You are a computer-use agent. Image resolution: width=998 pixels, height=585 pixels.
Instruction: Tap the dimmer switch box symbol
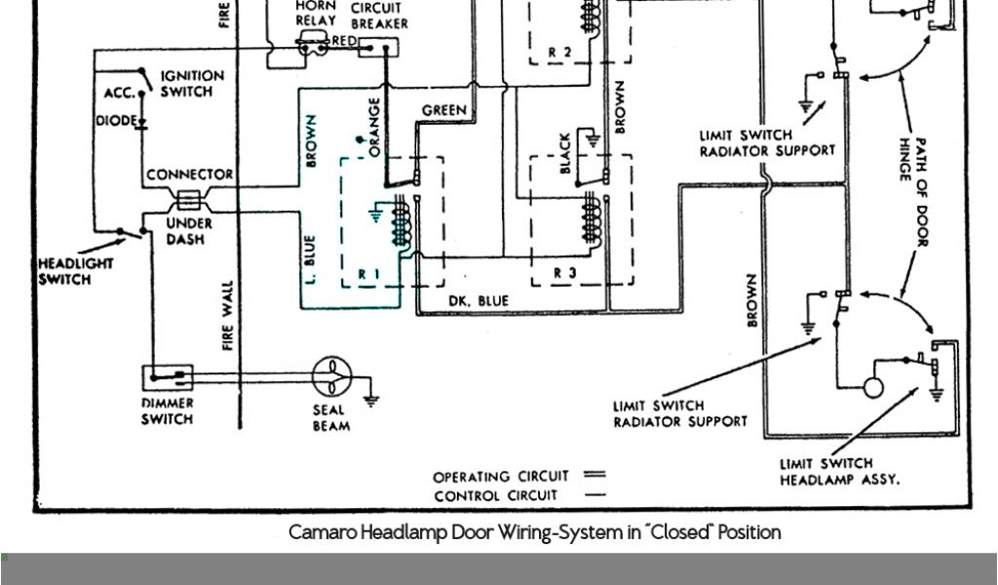tap(169, 376)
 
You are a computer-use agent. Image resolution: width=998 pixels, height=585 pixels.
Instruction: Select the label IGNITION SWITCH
tap(192, 84)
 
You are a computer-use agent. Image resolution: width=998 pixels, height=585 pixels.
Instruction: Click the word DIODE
tap(116, 121)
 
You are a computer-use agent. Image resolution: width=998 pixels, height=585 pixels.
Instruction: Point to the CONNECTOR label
tap(190, 175)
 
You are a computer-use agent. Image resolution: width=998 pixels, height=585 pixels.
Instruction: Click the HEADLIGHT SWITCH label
tap(76, 271)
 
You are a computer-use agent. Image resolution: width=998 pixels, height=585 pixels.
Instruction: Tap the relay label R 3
tap(564, 274)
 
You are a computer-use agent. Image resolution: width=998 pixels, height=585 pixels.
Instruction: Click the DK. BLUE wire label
tap(479, 301)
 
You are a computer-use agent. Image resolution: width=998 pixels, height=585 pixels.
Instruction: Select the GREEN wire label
tap(443, 111)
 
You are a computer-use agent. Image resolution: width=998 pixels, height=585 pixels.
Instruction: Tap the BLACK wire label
tap(564, 154)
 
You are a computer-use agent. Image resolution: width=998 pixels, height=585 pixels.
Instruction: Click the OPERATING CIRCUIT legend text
tap(500, 477)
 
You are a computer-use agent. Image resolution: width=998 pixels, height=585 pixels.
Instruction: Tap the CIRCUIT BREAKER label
tap(379, 16)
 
